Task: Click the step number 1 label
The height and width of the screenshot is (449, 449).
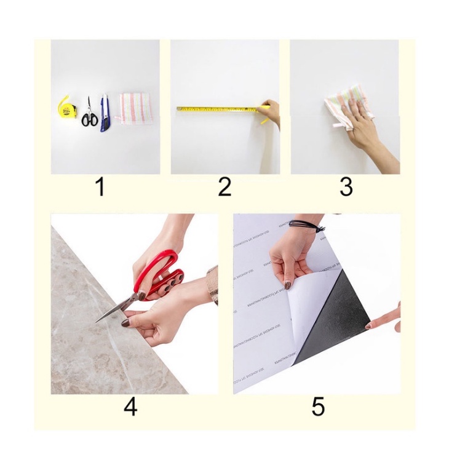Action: tap(100, 187)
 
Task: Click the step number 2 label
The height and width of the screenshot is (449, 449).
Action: tap(224, 187)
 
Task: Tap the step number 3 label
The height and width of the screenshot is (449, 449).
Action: tap(346, 187)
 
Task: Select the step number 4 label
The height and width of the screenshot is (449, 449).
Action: tap(130, 407)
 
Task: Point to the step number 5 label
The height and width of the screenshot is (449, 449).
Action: tap(318, 407)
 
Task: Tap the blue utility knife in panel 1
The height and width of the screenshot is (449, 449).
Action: tap(105, 112)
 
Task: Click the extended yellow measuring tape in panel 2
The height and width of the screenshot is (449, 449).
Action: tap(215, 109)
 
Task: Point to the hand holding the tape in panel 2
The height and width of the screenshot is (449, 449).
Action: tap(271, 112)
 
